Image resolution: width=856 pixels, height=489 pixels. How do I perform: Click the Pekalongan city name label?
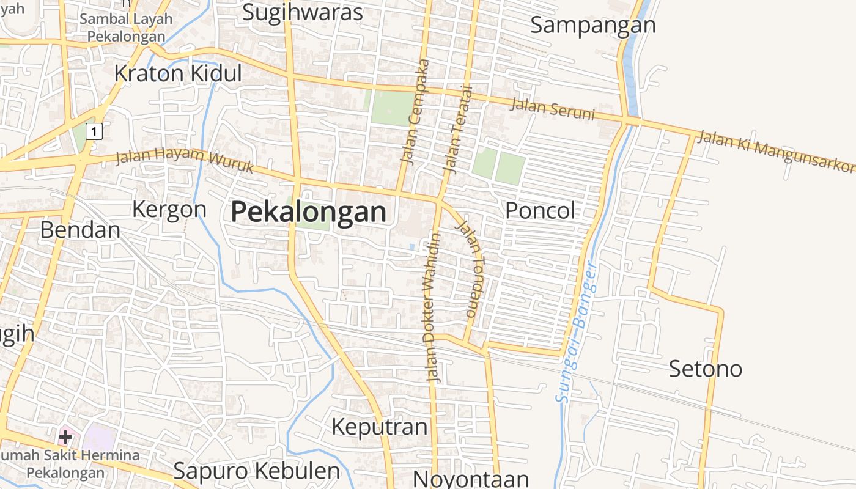[x=309, y=213]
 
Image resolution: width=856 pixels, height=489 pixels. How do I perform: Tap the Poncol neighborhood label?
[x=540, y=211]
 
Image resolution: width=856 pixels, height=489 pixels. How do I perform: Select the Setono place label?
[x=705, y=369]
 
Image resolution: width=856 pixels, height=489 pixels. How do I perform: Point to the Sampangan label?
[x=592, y=25]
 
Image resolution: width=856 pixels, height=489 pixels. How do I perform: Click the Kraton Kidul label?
[x=178, y=73]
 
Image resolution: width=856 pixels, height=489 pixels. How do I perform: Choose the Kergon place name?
[x=169, y=210]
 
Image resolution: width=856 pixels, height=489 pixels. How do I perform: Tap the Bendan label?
[x=80, y=230]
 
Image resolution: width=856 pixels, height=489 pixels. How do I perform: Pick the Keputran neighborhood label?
[x=379, y=427]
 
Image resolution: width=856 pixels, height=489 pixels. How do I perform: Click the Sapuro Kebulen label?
[x=256, y=471]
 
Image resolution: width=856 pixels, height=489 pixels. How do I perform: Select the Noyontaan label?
[x=471, y=479]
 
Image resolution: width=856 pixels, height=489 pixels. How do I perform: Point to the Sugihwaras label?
[x=303, y=12]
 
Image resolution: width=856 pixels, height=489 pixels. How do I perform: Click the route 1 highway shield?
[x=94, y=131]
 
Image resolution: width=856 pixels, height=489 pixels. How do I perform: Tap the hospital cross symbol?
[x=65, y=437]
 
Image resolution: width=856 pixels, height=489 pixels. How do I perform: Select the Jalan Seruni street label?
[x=552, y=109]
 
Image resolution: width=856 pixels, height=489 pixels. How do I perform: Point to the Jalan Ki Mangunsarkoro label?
[x=775, y=150]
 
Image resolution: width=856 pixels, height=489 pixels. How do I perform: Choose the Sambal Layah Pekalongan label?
[x=126, y=28]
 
